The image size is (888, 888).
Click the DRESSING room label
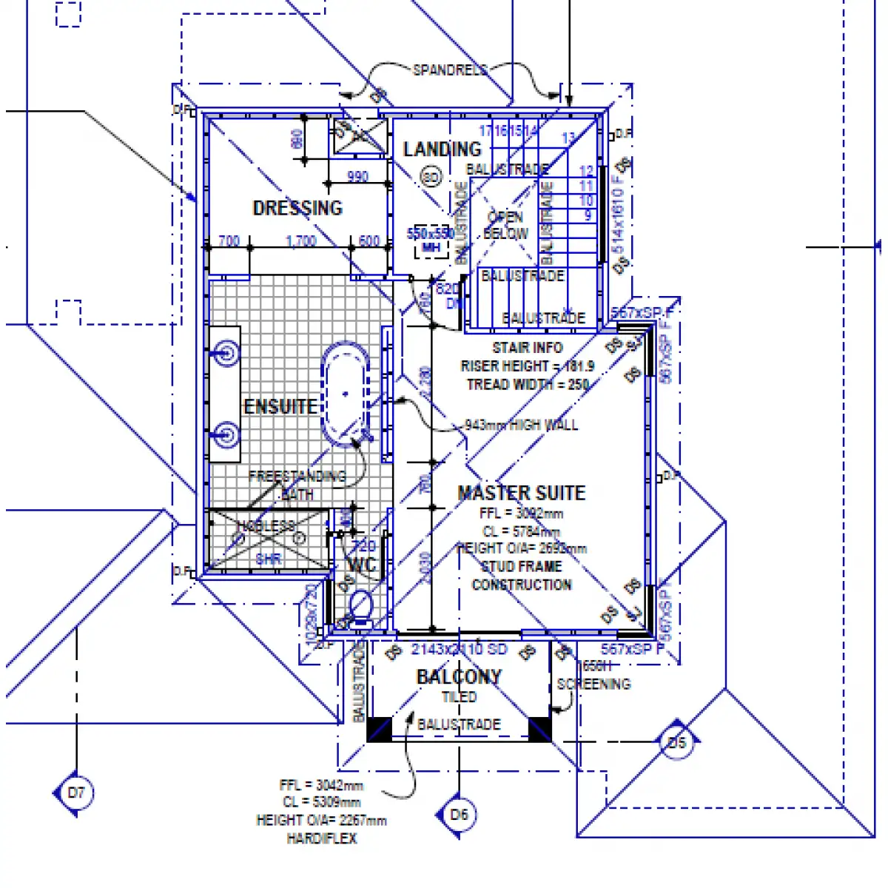click(297, 208)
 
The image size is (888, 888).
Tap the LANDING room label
click(442, 149)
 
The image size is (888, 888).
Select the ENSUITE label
click(280, 406)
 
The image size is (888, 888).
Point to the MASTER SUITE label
click(522, 493)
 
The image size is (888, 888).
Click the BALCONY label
click(459, 676)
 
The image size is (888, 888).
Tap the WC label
click(362, 566)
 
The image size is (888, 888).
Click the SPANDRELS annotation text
click(450, 70)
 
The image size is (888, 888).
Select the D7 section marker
click(76, 793)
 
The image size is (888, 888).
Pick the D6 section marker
click(459, 815)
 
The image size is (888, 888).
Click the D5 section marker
click(677, 742)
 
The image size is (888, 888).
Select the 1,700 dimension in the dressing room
click(301, 241)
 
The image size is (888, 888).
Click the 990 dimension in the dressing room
click(357, 177)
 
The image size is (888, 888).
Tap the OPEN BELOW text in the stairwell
click(505, 225)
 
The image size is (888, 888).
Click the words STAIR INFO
click(528, 347)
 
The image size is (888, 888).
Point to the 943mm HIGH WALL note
click(521, 425)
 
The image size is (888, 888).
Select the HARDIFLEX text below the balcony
click(322, 838)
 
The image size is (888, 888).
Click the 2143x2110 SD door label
click(459, 649)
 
